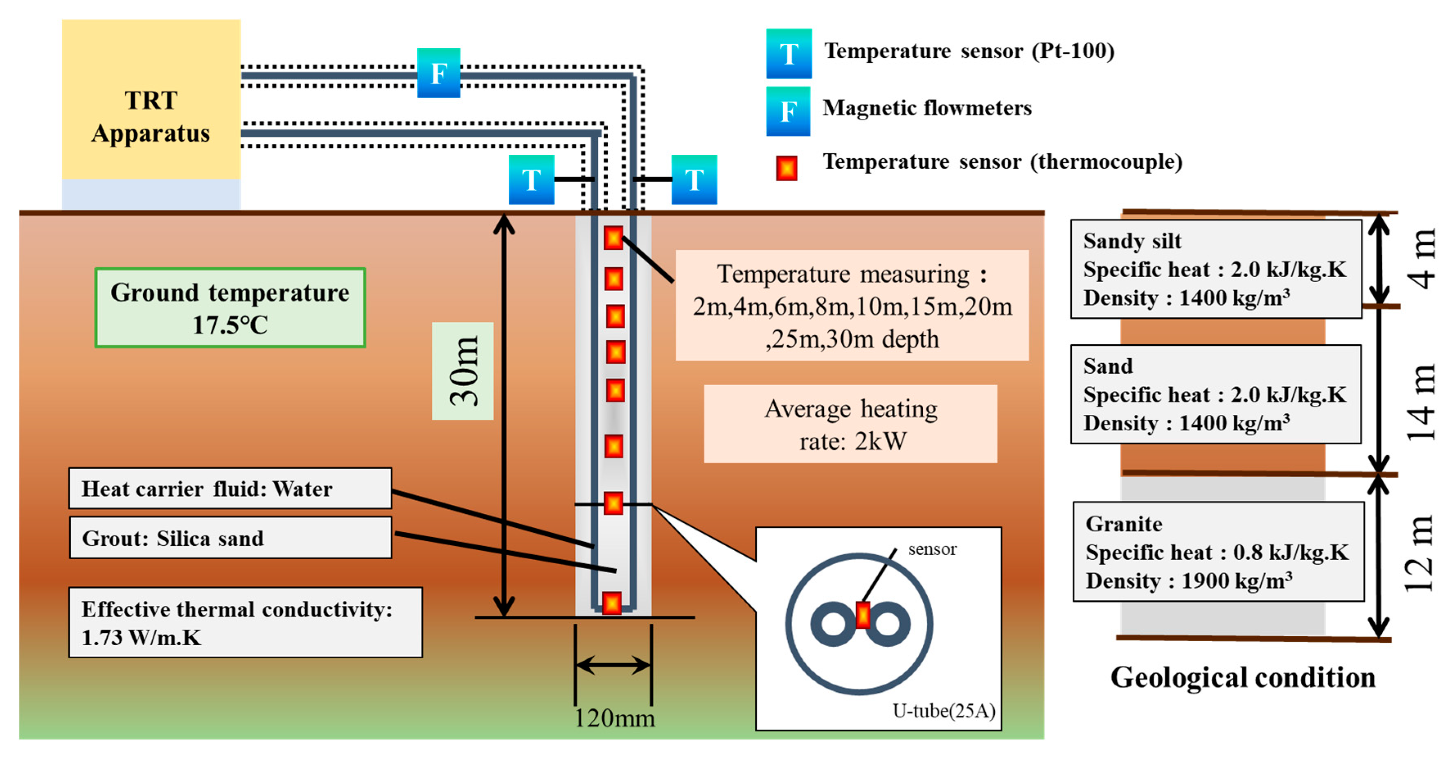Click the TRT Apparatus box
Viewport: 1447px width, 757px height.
pos(151,107)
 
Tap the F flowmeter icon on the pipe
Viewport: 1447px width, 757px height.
pos(438,73)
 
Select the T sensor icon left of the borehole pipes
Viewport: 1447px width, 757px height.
pos(531,179)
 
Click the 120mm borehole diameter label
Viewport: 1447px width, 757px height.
pos(614,718)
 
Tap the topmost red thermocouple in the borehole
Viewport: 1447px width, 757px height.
pos(613,238)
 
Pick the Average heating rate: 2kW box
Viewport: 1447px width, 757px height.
pos(850,424)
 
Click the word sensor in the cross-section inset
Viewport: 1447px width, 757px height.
pos(932,549)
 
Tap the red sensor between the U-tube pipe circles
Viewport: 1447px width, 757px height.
pos(862,615)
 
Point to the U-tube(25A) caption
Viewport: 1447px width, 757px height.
pos(943,711)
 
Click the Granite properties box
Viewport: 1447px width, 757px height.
pos(1218,551)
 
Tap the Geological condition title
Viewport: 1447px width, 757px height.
pos(1242,677)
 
